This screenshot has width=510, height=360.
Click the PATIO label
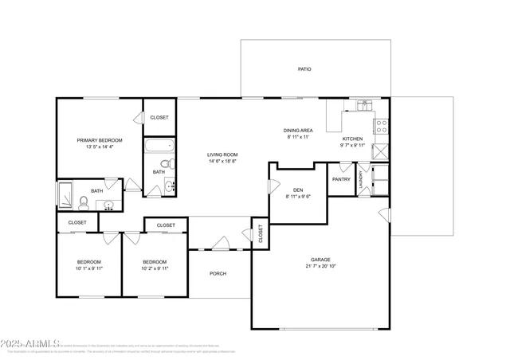coord(304,69)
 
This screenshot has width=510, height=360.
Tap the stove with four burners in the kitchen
coord(381,126)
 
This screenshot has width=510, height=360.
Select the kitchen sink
coord(364,104)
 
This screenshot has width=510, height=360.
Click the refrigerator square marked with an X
coord(381,149)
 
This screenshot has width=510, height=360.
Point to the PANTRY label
coord(341,179)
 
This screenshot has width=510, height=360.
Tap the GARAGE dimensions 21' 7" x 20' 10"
coord(320,267)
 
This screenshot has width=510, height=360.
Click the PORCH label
coord(218,273)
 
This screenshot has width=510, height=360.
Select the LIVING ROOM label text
coord(223,155)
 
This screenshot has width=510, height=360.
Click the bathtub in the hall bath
coord(159,147)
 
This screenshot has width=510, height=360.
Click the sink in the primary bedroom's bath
coord(110,205)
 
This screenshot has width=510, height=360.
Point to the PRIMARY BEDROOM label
coord(100,140)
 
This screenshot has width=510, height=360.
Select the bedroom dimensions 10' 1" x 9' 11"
coord(89,268)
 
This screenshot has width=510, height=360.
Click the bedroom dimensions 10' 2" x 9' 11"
coord(155,268)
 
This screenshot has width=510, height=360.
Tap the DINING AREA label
coord(296,130)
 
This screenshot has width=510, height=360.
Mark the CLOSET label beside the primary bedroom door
coord(159,117)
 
